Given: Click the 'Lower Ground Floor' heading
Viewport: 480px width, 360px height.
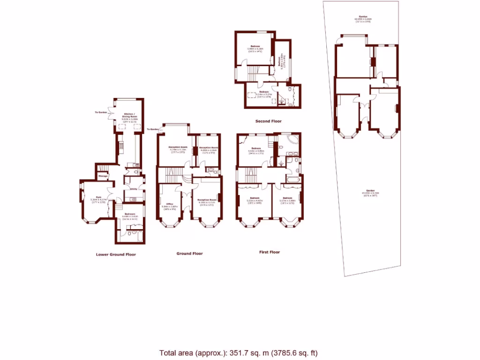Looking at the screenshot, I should tap(115, 255).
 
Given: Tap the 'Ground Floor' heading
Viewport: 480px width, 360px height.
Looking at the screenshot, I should tap(190, 254).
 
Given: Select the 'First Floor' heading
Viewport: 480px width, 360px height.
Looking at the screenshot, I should tap(270, 252).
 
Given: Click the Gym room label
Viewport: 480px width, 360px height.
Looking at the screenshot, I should tap(99, 197).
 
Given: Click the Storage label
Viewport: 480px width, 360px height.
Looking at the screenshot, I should tap(103, 176).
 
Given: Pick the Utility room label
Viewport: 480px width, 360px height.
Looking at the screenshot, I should tap(133, 189).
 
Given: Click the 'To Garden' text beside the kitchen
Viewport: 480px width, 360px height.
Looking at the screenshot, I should tap(101, 112).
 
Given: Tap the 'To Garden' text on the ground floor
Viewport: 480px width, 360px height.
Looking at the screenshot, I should tap(152, 129).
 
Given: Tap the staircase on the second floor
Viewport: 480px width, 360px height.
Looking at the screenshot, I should tap(253, 73).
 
